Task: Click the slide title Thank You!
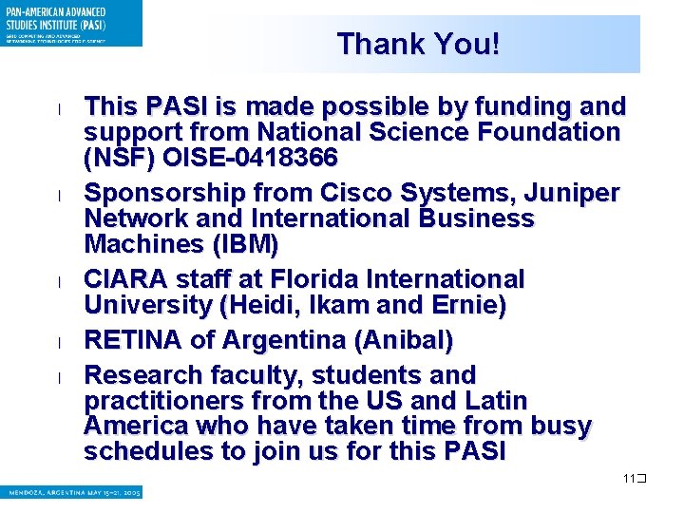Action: (417, 44)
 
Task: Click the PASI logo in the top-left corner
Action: (71, 23)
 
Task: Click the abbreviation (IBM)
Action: (242, 244)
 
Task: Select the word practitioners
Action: (158, 400)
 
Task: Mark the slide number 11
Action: (629, 478)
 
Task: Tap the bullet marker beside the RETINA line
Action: (59, 342)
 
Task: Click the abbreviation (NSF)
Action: (117, 156)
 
